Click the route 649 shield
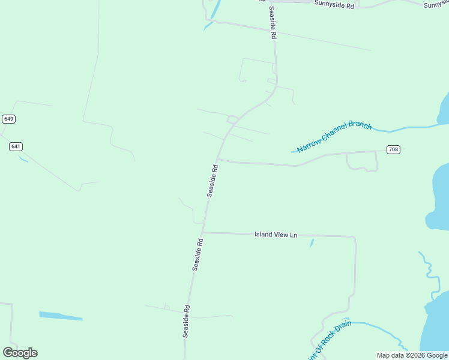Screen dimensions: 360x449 (x=8, y=119)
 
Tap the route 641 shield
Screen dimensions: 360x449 (x=16, y=146)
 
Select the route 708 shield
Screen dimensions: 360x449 (x=393, y=149)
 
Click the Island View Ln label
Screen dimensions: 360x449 (x=276, y=235)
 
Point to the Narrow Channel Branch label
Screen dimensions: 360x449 (x=334, y=136)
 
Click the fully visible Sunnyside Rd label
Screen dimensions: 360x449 (x=334, y=4)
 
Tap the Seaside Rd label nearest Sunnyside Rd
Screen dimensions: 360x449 (x=272, y=23)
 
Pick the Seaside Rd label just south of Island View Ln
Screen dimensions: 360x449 (x=198, y=255)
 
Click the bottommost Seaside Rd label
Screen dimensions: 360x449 (x=187, y=322)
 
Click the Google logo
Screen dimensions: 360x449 (x=20, y=353)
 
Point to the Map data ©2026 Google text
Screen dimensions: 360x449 (x=412, y=355)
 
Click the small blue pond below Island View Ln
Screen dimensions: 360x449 (x=312, y=243)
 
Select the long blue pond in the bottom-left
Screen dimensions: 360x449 (x=61, y=316)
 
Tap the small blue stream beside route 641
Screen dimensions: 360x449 (x=23, y=159)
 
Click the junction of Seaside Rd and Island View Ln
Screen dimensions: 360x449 (x=203, y=232)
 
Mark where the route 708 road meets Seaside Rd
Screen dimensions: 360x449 (x=217, y=160)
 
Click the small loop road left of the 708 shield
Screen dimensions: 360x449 (x=362, y=161)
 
